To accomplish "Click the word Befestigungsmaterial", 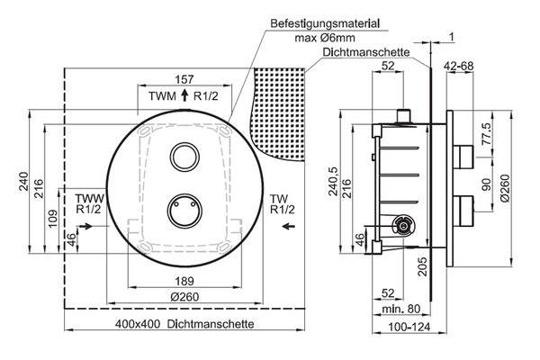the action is [x=325, y=23].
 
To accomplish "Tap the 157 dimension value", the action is [x=184, y=79].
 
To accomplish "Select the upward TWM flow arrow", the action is [x=184, y=95].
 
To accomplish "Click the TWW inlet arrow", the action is [x=85, y=226].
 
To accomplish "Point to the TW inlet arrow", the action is [x=288, y=226].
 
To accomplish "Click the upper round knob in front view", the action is [x=185, y=157].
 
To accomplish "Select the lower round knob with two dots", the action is [x=184, y=211].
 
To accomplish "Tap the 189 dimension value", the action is [x=184, y=281].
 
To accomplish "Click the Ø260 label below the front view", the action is [x=184, y=297].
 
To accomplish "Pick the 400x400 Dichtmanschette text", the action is [x=184, y=324].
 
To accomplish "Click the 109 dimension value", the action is [x=53, y=219].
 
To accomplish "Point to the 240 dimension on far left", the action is [x=23, y=182].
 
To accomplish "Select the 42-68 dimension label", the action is [x=458, y=66].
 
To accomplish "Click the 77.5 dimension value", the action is [x=487, y=134].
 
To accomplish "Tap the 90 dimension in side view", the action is [x=487, y=185].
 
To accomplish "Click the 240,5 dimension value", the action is [x=334, y=182].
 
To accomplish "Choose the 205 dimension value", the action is [x=423, y=266].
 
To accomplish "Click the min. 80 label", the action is [x=401, y=309].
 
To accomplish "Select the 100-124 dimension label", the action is [x=409, y=327].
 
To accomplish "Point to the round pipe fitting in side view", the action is [x=403, y=226].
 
